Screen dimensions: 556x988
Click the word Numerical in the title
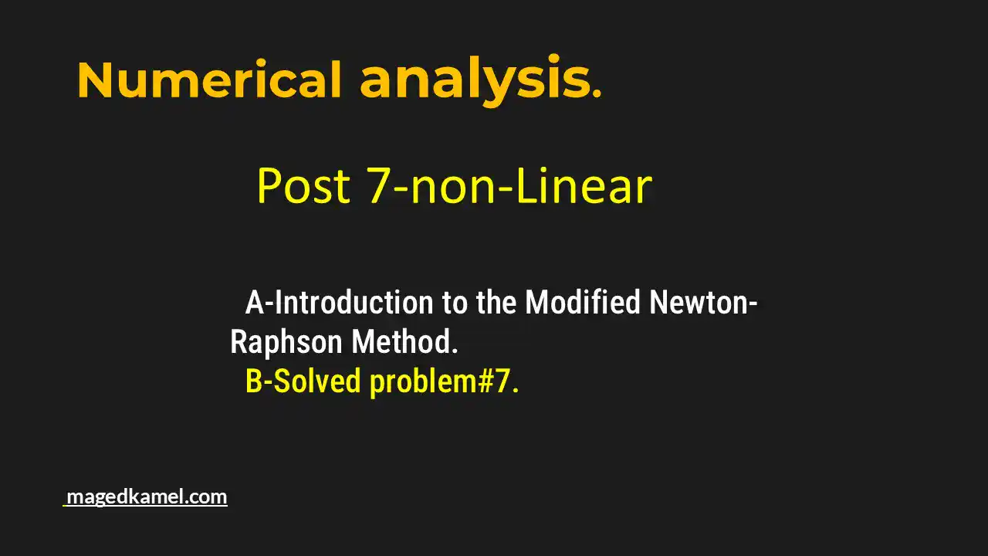point(209,80)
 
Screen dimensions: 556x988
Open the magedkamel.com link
point(147,497)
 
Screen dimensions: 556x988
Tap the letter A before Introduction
point(255,303)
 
